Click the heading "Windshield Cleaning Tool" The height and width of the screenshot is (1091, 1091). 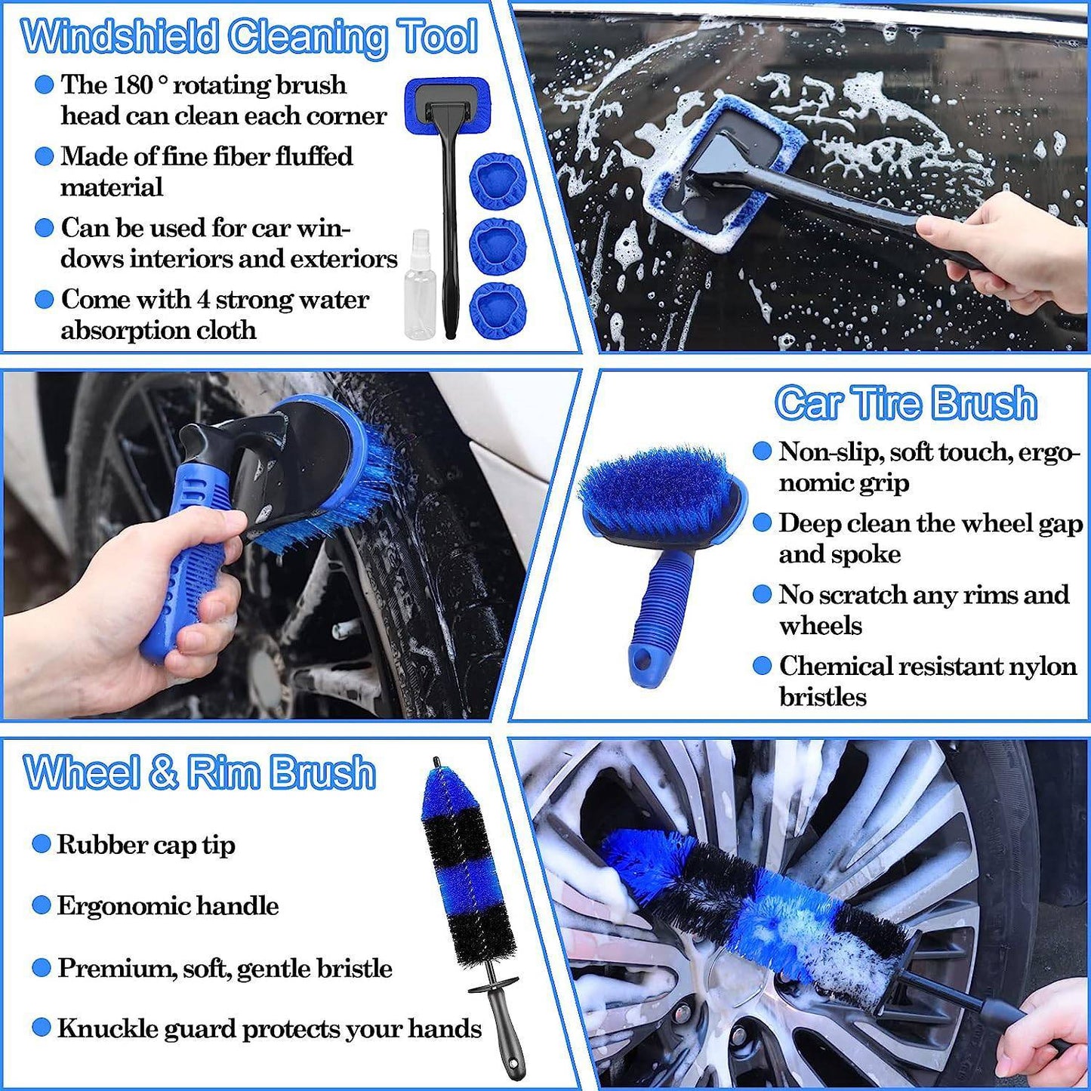(249, 36)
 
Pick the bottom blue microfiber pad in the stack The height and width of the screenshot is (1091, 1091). (497, 310)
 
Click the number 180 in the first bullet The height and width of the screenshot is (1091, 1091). (132, 85)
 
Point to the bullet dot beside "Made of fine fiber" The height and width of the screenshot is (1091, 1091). (45, 156)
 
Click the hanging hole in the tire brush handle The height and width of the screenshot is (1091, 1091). (643, 661)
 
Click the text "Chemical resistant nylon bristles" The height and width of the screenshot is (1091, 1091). (927, 681)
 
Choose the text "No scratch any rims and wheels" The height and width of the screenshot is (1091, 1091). (923, 609)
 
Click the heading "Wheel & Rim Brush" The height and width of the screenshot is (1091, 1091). (199, 772)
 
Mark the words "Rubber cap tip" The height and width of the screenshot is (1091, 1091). (146, 845)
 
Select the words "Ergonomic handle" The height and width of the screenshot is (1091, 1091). (168, 906)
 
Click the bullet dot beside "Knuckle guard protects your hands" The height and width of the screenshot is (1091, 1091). (42, 1028)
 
